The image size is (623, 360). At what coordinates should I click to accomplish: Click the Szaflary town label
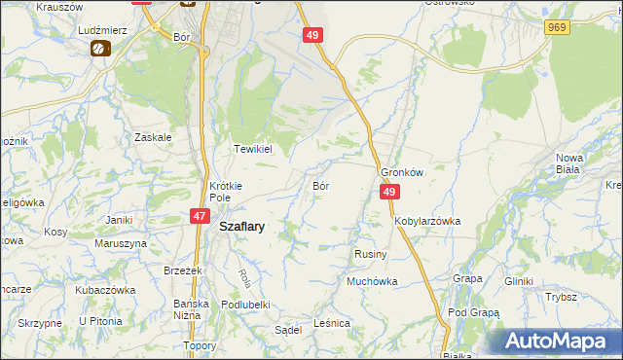tap(242, 225)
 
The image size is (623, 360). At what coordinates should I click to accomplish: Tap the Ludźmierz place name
tap(104, 30)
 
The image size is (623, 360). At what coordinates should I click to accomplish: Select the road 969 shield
tap(557, 28)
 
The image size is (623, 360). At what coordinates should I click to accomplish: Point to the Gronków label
tap(403, 171)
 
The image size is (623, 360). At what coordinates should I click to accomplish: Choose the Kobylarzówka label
tap(427, 221)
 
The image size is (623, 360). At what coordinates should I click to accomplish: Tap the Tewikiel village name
tap(251, 149)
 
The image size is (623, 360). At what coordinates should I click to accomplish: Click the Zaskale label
tap(154, 137)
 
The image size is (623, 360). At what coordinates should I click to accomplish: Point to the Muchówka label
tap(373, 281)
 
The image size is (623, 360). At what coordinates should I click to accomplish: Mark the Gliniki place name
tap(519, 281)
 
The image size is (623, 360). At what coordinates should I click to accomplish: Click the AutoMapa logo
tap(559, 342)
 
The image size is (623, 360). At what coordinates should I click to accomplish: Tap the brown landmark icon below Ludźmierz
tap(99, 48)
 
